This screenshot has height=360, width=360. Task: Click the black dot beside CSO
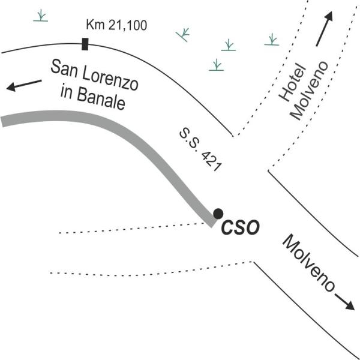[x=218, y=213]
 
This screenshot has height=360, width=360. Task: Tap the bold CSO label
[x=240, y=228]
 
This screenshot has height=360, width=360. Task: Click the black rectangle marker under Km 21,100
[x=85, y=44]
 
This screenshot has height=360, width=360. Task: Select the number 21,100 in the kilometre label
[x=127, y=25]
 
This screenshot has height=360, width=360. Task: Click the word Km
[x=96, y=25]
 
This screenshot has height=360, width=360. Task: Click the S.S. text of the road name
[x=187, y=141]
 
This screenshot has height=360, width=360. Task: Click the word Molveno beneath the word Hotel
[x=310, y=90]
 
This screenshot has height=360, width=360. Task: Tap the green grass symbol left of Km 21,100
[x=41, y=15]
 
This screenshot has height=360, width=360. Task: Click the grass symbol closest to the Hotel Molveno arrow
[x=272, y=40]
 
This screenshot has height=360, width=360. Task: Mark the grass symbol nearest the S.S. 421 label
[x=217, y=65]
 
